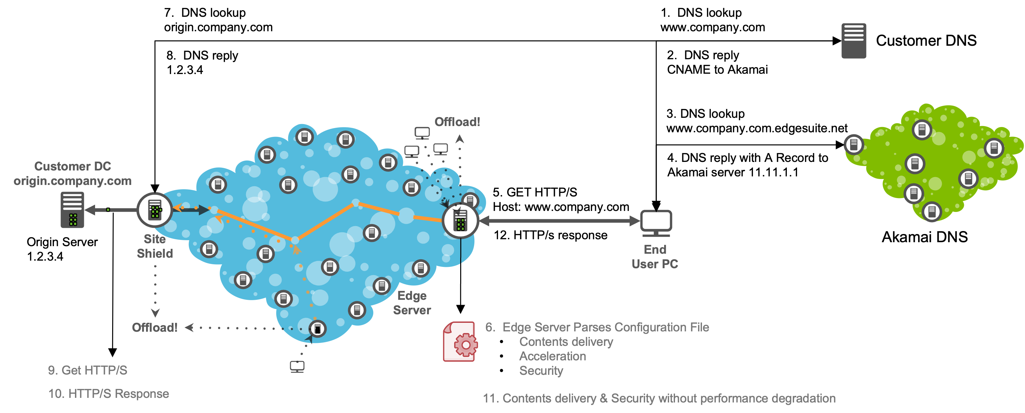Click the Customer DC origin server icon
[x=72, y=210]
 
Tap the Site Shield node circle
[x=154, y=210]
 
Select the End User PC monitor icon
[x=656, y=221]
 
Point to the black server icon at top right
[x=854, y=40]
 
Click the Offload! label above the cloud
[x=457, y=122]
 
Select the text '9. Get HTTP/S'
[x=87, y=370]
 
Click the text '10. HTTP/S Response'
[x=109, y=394]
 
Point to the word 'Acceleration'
[x=552, y=356]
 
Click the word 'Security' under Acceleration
[x=541, y=371]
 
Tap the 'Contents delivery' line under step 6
[x=566, y=342]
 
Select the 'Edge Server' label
[x=412, y=303]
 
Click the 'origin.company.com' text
[x=72, y=181]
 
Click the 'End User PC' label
[x=655, y=257]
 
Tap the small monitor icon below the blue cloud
[x=297, y=366]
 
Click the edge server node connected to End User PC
[x=461, y=220]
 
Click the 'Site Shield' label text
[x=155, y=246]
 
